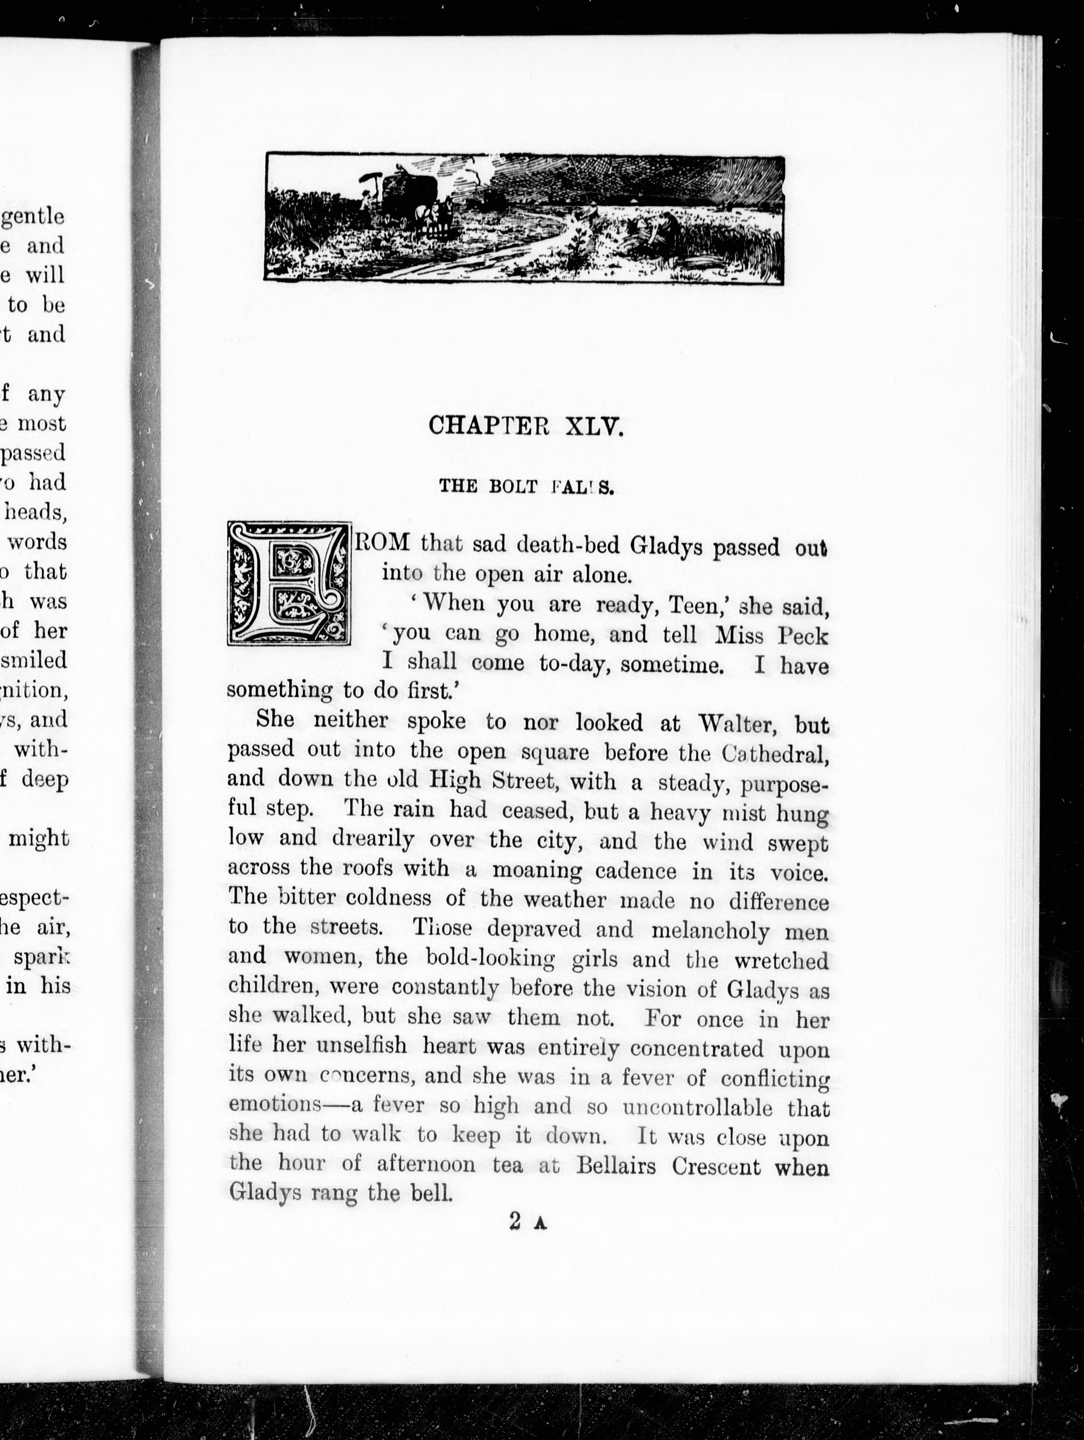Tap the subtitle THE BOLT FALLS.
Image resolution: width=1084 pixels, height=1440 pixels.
(x=526, y=487)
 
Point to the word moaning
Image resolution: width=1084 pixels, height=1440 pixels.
(x=536, y=870)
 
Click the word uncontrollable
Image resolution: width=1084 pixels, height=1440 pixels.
(x=697, y=1107)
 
